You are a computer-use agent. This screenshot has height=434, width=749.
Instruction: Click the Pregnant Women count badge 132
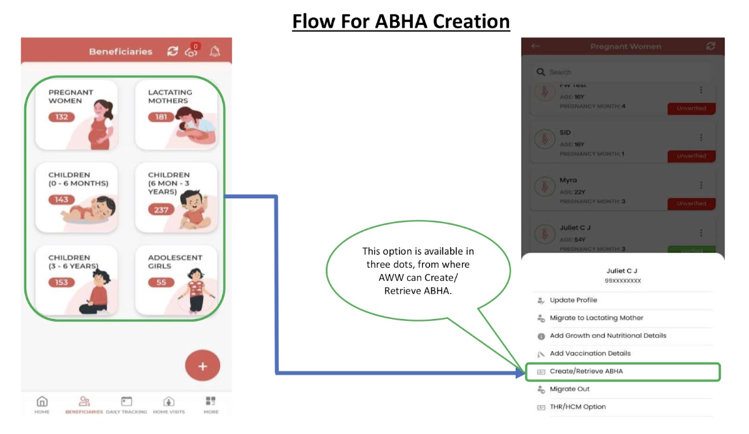[61, 117]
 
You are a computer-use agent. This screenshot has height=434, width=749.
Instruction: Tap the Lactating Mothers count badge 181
[161, 117]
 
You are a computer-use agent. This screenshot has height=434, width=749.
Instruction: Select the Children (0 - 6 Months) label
[78, 179]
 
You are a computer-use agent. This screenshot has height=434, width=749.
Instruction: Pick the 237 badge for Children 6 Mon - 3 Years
[161, 209]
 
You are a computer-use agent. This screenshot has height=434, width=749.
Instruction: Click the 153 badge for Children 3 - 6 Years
[61, 282]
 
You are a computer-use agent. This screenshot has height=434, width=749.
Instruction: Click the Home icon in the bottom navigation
[42, 401]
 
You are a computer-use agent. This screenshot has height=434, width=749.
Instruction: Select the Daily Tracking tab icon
[127, 401]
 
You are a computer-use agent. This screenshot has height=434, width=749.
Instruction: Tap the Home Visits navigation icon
[169, 401]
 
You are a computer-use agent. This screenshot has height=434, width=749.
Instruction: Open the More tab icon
[211, 401]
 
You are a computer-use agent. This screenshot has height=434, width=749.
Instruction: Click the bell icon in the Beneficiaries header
[214, 51]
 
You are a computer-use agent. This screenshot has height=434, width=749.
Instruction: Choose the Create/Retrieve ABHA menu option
[586, 371]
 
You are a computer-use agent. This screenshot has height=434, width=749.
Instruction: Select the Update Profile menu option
[573, 300]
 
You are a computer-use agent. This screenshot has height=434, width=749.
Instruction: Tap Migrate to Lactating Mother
[596, 318]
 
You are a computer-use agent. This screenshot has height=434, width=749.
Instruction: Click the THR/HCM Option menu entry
[577, 406]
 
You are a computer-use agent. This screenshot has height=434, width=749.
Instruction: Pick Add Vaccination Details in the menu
[590, 353]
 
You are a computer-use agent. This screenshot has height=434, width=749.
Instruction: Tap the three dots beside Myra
[701, 185]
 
